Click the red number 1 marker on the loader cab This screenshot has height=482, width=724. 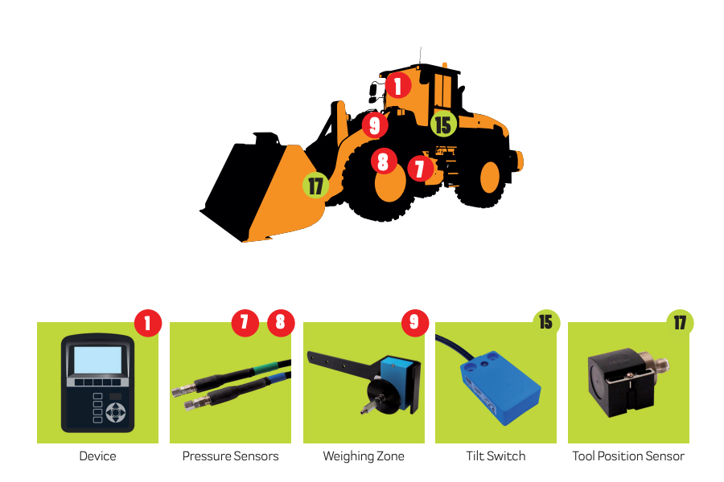point(398,85)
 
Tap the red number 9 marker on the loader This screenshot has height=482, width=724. point(375,125)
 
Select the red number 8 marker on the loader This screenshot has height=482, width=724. point(384,161)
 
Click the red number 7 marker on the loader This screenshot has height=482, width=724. point(420,168)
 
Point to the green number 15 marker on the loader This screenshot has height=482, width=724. point(443,125)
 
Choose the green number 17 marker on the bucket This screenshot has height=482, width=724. point(316,186)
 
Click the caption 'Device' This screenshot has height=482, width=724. point(97,456)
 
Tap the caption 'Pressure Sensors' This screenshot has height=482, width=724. point(230,456)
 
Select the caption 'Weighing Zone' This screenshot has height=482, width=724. point(364,456)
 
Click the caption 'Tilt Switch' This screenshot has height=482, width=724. point(496,456)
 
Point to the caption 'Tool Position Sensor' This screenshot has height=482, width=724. point(628,456)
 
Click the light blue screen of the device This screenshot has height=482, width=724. point(98,360)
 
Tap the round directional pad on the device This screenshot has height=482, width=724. point(115,412)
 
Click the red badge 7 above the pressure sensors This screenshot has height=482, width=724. point(245,322)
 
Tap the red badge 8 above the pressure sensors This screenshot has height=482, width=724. point(281,322)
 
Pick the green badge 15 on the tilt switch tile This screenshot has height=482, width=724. point(546,322)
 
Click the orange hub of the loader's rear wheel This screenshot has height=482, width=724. point(490,178)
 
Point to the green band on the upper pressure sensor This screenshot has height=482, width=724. point(265,368)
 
